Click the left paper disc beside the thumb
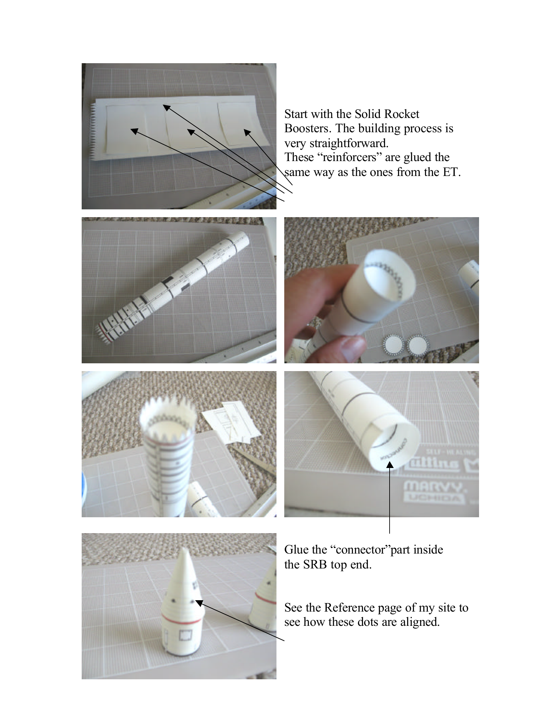point(393,345)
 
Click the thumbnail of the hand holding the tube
point(381,290)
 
